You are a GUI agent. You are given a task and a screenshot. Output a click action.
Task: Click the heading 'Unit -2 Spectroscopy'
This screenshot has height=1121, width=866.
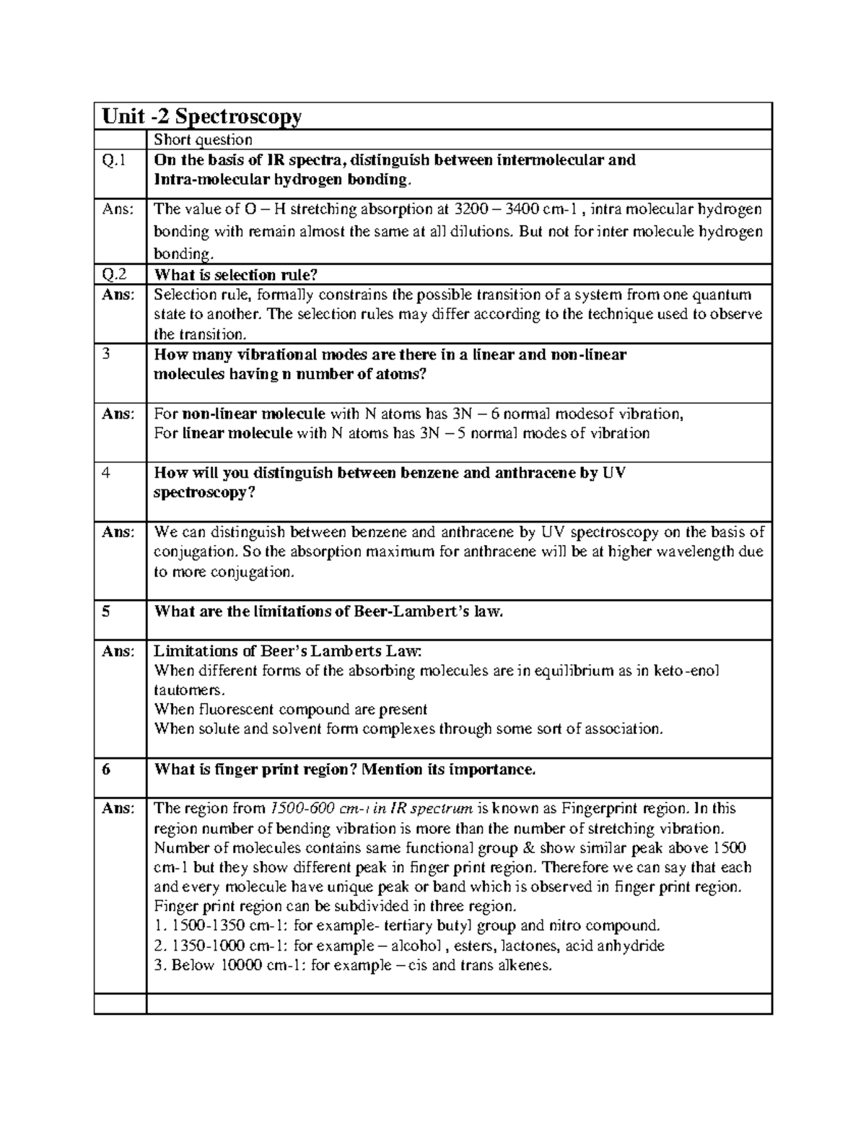click(201, 116)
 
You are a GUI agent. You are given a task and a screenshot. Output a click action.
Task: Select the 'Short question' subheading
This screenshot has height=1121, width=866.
click(204, 140)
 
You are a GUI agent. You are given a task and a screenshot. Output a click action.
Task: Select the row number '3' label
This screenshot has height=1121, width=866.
click(106, 355)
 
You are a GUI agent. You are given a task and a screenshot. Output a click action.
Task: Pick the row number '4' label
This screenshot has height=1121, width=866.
click(106, 474)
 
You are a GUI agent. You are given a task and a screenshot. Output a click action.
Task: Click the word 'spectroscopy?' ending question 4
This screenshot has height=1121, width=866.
click(205, 493)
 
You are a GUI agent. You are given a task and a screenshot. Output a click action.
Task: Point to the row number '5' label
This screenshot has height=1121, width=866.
click(106, 611)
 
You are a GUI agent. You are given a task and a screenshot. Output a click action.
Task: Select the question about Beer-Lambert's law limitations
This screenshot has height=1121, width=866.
click(328, 611)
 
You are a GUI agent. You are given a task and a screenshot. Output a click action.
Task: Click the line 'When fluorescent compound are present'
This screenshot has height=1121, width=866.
click(291, 710)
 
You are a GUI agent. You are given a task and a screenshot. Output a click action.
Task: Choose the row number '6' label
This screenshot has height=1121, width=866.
click(106, 769)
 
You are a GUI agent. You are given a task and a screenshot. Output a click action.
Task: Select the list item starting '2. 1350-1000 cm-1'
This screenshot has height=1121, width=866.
click(409, 946)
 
